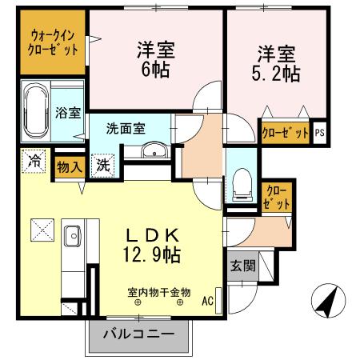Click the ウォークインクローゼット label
click(x=54, y=42)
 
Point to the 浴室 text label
click(x=67, y=113)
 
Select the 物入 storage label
click(x=69, y=167)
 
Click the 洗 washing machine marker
click(x=103, y=166)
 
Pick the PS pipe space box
click(x=320, y=132)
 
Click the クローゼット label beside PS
click(x=285, y=132)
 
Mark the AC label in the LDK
click(x=206, y=302)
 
